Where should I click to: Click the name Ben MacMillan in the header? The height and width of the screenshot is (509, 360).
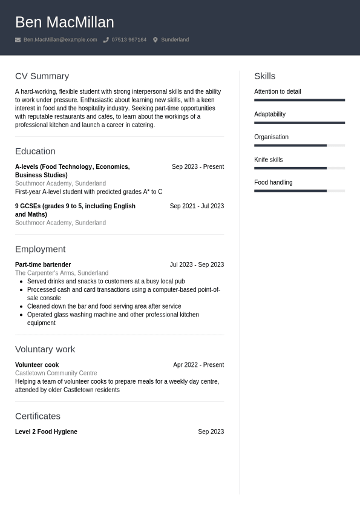64,22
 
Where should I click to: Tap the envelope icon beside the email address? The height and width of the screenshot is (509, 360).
18,40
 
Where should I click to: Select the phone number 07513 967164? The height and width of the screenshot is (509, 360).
129,40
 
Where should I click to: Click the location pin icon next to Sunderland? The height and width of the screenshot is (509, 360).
155,40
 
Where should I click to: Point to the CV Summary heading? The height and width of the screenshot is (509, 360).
42,76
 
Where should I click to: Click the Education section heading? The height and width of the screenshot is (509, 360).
35,151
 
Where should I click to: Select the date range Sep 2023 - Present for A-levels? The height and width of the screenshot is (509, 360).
197,167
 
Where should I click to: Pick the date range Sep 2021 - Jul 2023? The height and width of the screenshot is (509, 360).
197,206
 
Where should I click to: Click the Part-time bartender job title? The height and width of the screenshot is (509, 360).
43,265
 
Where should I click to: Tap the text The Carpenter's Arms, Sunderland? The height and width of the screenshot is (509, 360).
62,273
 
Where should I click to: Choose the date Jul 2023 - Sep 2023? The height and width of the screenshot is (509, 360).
197,265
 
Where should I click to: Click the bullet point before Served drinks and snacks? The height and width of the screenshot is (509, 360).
21,281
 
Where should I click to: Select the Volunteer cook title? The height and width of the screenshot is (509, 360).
37,365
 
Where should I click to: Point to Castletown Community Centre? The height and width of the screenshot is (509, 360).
56,373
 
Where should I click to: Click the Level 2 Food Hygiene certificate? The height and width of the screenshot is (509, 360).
46,432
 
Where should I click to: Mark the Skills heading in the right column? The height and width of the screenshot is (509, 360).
264,76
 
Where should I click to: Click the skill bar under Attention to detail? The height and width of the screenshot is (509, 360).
299,100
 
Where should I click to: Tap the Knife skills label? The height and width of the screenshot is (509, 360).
268,160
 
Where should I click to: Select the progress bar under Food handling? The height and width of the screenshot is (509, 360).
299,191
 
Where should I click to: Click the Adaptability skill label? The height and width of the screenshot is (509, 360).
269,114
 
